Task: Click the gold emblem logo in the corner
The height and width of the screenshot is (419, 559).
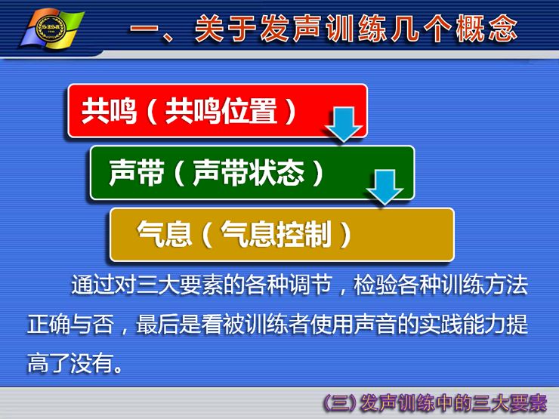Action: coord(52,29)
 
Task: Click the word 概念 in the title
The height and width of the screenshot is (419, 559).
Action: coord(486,29)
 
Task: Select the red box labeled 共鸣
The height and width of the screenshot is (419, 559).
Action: coord(218,111)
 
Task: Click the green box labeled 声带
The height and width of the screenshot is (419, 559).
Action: coord(252,173)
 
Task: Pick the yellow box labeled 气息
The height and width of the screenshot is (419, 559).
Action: coord(282,235)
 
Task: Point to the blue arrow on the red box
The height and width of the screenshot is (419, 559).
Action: coord(344,125)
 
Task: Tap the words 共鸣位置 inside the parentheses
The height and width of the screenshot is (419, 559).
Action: coord(221,111)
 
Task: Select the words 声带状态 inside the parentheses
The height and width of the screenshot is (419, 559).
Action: coord(249,173)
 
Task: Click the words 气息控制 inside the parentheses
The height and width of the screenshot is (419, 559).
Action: coord(276,235)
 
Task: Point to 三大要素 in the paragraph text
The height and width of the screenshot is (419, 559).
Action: coord(180,285)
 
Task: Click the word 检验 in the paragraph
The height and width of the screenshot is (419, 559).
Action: coord(375,285)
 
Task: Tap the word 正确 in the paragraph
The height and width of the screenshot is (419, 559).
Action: coord(49,324)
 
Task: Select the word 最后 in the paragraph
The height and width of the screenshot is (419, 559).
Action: coord(158,324)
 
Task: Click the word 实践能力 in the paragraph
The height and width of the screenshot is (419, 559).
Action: coord(462,324)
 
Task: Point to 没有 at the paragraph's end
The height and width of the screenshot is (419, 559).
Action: coord(92,363)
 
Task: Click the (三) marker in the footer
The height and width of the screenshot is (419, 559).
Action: coord(340,403)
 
